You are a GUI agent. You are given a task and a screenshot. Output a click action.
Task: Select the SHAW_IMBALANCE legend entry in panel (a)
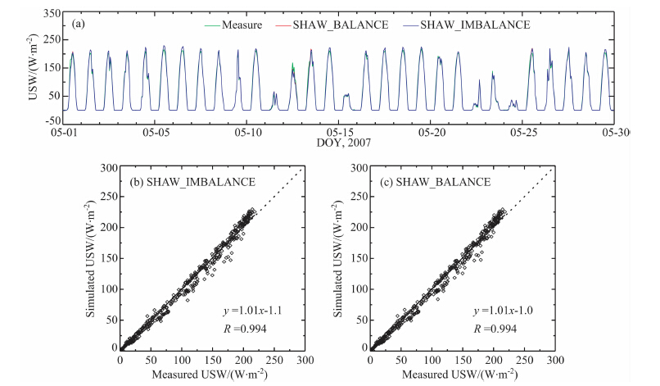click(x=474, y=25)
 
